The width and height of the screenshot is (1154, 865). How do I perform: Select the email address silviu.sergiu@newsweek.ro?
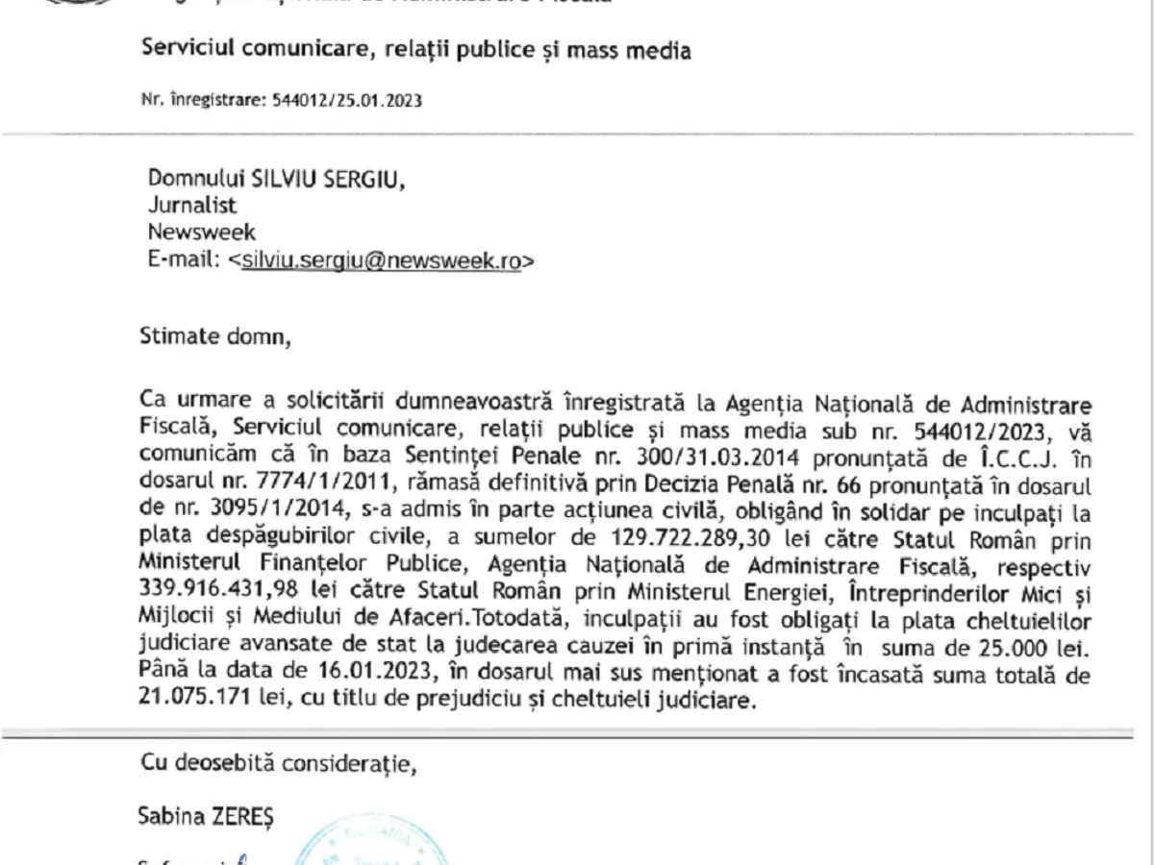[x=381, y=259]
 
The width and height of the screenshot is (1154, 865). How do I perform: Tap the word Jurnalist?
[x=192, y=205]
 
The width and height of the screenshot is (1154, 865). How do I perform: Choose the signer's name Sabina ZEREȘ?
[x=206, y=817]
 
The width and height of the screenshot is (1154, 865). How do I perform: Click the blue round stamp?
[x=370, y=846]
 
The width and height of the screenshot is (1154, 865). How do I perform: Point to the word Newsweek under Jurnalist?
[x=202, y=232]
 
